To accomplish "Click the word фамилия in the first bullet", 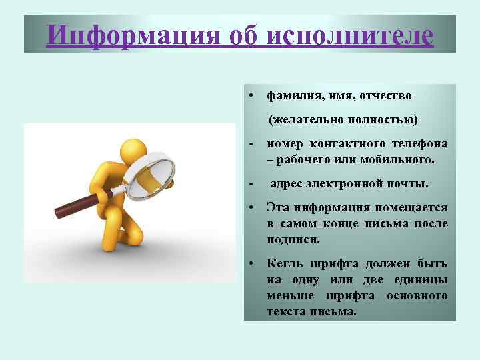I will tap(291, 96).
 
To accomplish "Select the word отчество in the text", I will tap(386, 96).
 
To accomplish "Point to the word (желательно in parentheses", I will tap(304, 120).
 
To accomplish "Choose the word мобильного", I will tap(400, 160).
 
